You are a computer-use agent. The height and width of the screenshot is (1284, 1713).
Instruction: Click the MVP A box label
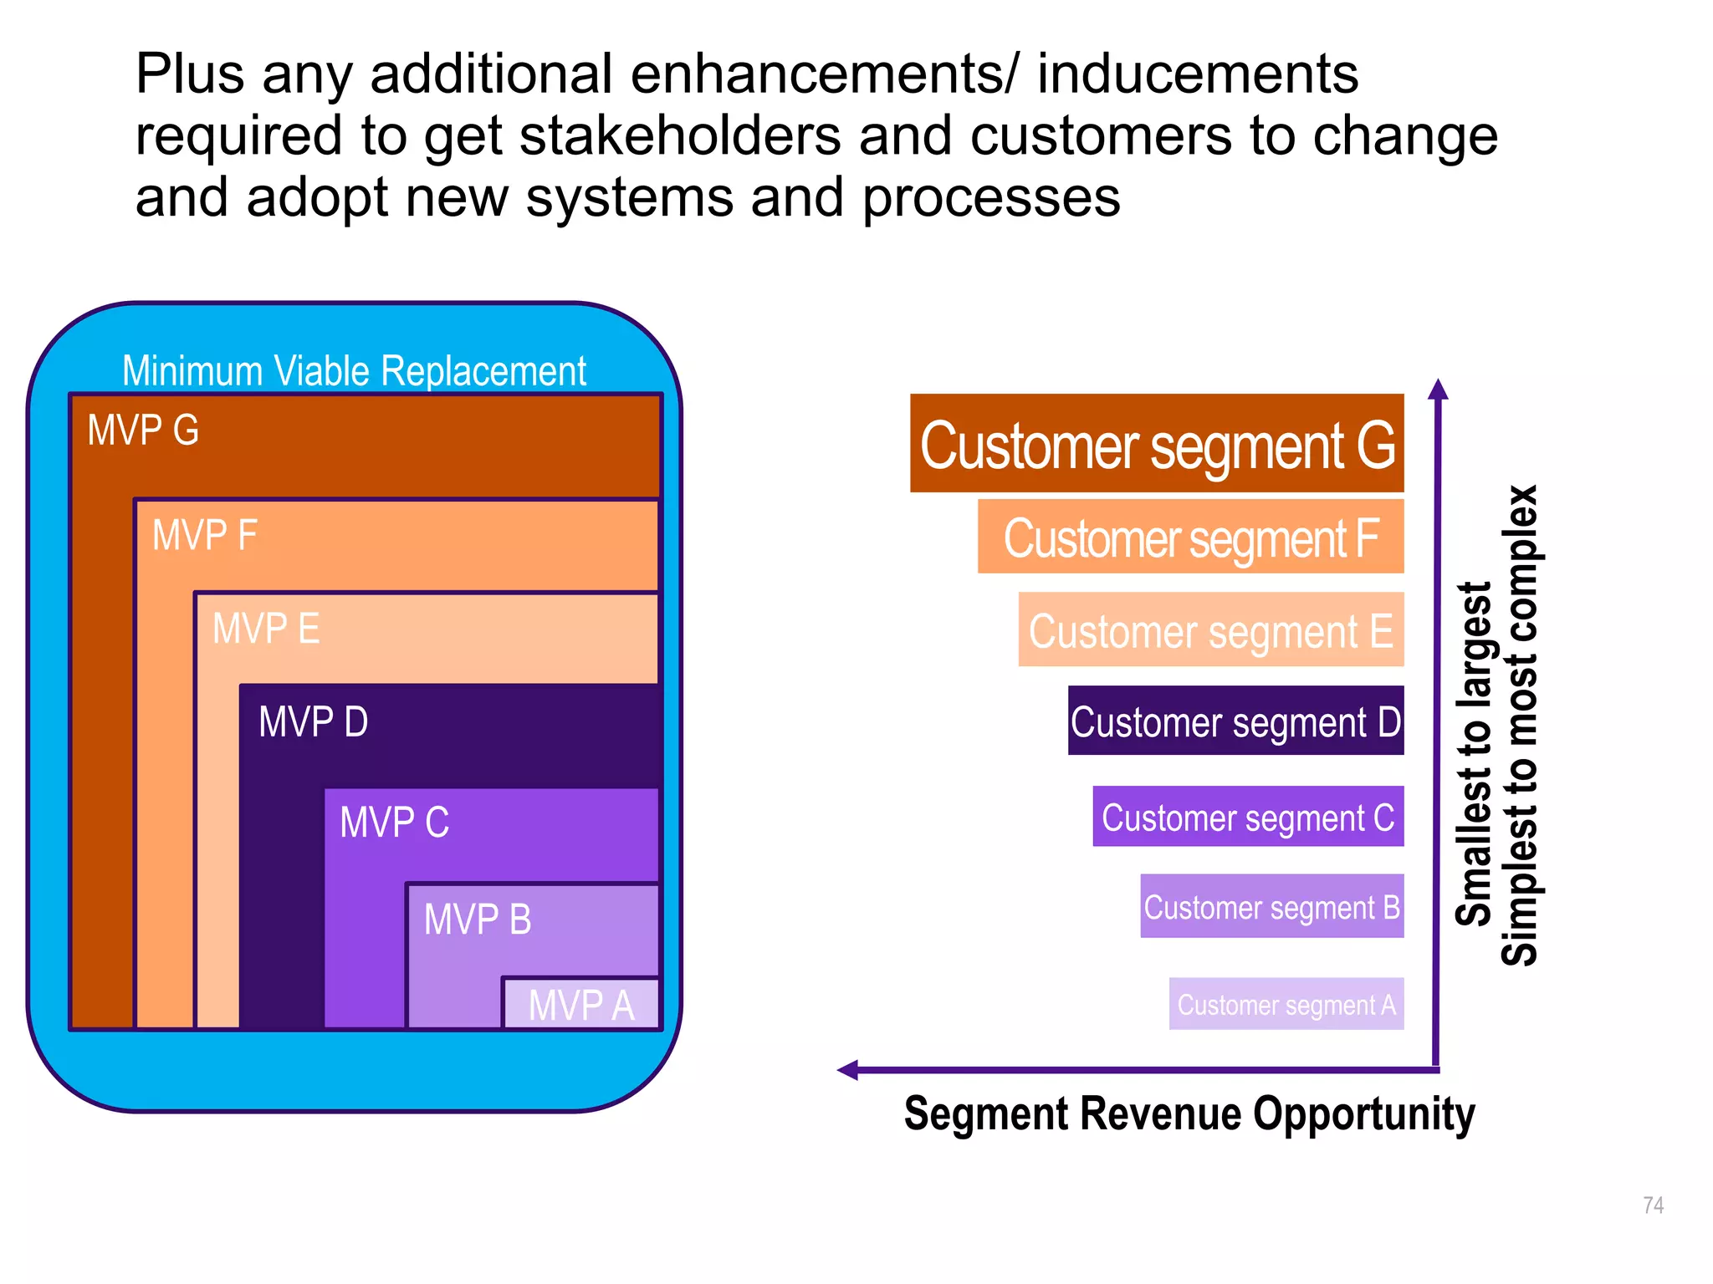point(581,1005)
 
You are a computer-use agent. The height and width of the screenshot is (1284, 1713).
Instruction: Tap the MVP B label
point(478,920)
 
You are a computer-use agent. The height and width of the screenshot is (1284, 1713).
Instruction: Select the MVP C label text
point(394,823)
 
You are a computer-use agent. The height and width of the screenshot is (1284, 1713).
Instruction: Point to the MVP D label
point(313,722)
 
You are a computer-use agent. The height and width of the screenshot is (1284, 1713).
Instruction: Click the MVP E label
point(266,629)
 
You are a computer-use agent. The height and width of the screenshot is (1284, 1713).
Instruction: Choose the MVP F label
point(204,535)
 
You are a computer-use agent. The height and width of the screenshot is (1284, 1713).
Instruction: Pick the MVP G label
point(143,431)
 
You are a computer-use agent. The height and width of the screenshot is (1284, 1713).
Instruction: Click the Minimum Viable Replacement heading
point(354,370)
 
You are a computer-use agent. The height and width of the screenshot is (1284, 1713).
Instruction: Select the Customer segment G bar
point(1156,444)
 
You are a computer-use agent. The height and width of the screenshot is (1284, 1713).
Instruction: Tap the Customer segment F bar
point(1189,538)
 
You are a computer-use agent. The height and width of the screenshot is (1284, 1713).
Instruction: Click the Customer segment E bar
point(1209,630)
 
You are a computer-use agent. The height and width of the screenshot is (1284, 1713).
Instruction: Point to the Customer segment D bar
point(1235,721)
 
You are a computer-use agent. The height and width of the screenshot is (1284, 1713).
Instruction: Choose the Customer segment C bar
point(1247,817)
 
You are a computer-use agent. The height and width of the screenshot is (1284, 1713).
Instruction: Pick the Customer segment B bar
point(1271,907)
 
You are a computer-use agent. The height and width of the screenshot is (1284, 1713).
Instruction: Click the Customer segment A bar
point(1286,1004)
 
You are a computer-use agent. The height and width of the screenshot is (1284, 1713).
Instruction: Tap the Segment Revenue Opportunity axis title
point(1189,1113)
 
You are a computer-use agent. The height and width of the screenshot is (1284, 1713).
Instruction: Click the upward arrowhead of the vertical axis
point(1437,389)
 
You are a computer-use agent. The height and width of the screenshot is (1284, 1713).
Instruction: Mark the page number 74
point(1653,1205)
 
